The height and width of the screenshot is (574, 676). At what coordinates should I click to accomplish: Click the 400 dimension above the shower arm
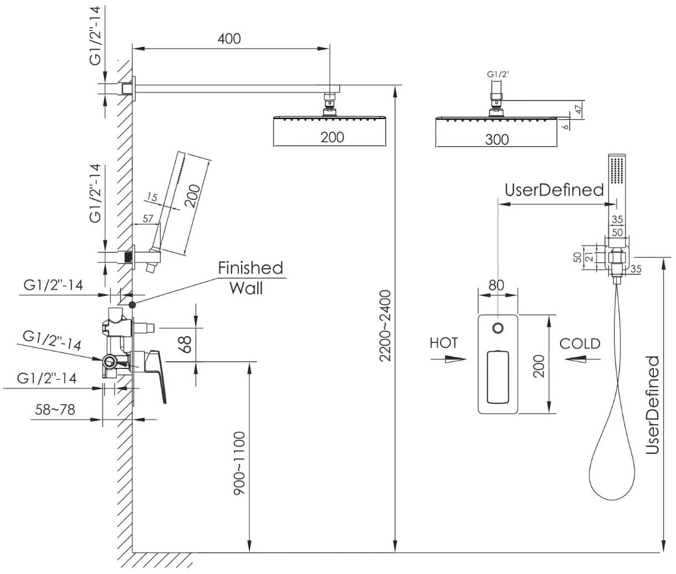click(229, 39)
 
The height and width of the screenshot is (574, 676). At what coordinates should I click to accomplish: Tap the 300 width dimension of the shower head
click(497, 140)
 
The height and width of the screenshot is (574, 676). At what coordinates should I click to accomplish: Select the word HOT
click(444, 343)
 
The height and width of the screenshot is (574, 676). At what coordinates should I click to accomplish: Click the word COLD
click(580, 344)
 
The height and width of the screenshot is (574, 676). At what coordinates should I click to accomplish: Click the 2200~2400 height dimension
click(385, 326)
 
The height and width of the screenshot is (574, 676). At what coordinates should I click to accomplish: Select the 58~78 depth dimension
click(55, 409)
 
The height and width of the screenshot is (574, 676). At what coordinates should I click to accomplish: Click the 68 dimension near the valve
click(186, 345)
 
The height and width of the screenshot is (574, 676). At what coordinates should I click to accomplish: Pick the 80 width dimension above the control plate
click(496, 285)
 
